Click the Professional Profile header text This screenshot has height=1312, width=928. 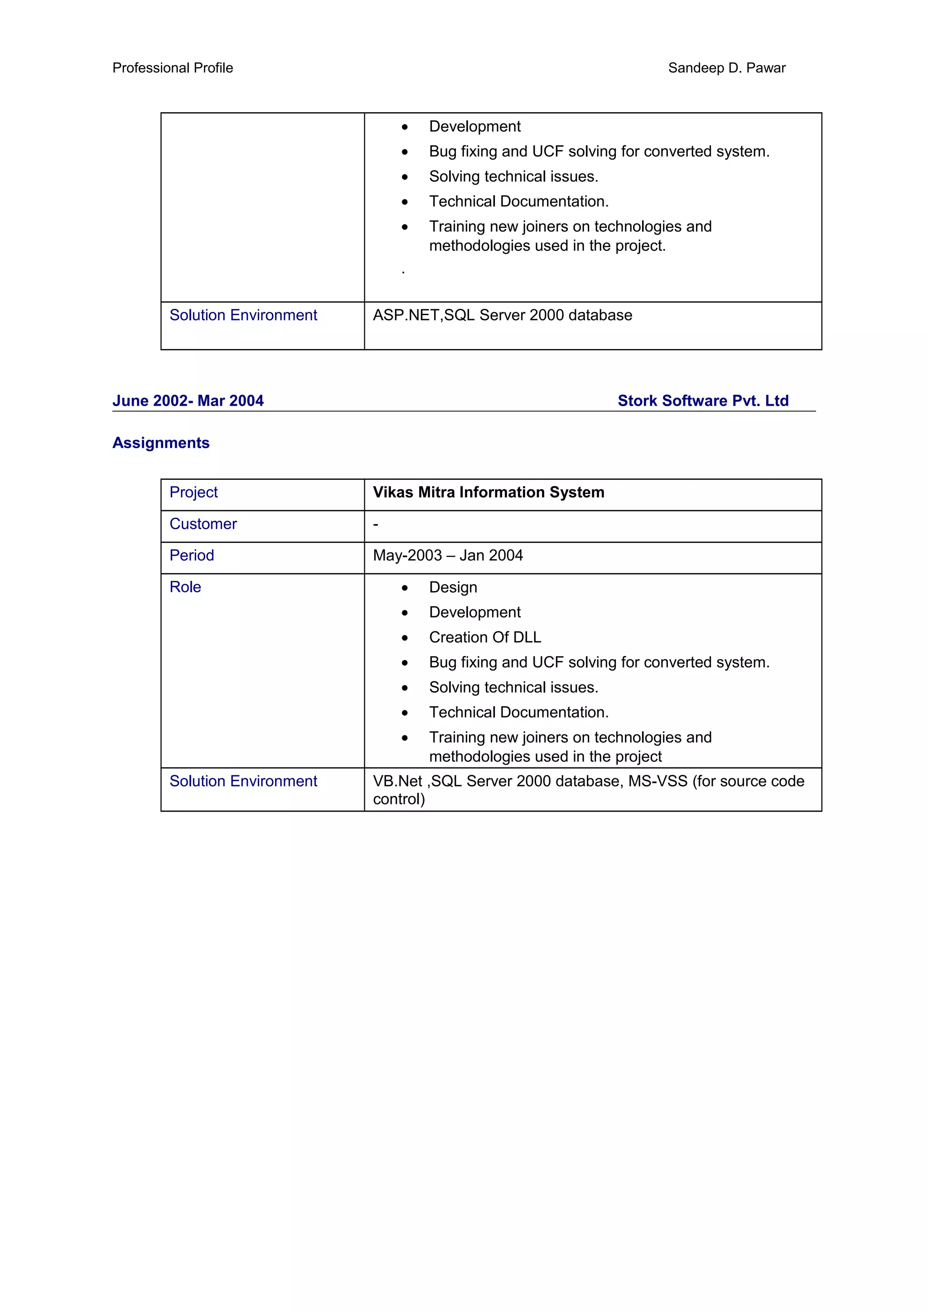pos(173,68)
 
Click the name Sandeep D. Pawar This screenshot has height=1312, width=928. pos(726,68)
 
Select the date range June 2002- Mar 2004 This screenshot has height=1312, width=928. pos(188,401)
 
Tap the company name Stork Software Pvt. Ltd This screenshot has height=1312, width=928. pos(703,401)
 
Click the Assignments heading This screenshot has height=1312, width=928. pos(161,443)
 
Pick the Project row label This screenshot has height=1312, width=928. pos(193,493)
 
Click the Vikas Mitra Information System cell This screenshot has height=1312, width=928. pos(488,493)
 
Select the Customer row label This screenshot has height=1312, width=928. pos(203,524)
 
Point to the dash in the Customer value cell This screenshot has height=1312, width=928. pos(376,524)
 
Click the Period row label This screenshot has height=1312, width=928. pos(192,555)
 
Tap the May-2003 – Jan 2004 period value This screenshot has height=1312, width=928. pos(448,555)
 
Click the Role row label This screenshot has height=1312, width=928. pos(185,588)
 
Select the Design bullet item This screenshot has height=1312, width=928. pos(453,588)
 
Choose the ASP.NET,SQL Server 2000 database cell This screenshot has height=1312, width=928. pos(502,316)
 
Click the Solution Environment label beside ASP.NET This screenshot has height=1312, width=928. pos(243,316)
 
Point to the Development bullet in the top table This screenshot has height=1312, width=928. pos(474,126)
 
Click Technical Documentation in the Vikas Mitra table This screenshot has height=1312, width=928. pos(519,713)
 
